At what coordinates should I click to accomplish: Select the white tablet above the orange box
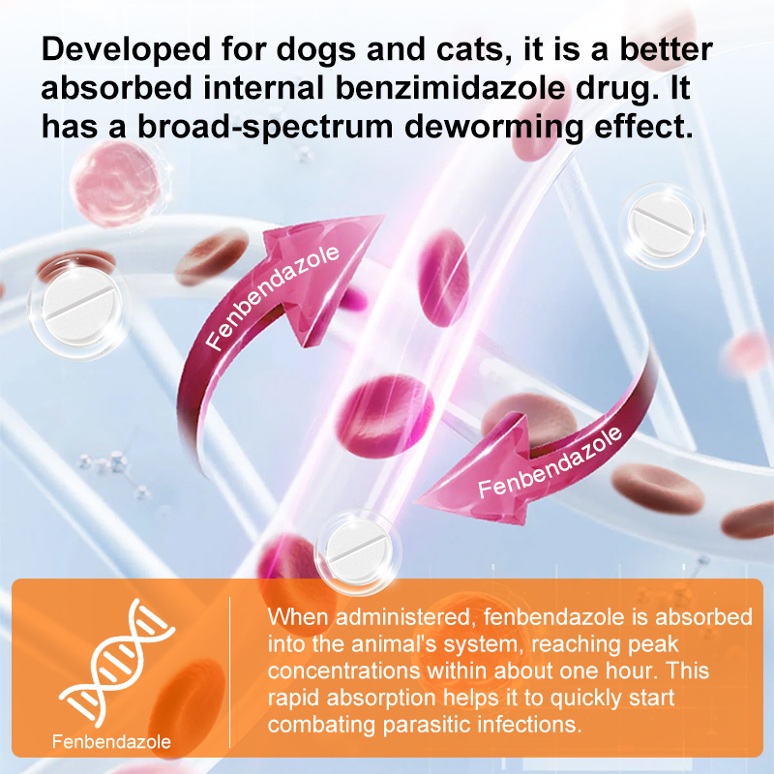pos(359,547)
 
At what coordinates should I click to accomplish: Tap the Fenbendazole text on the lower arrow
pos(549,461)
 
